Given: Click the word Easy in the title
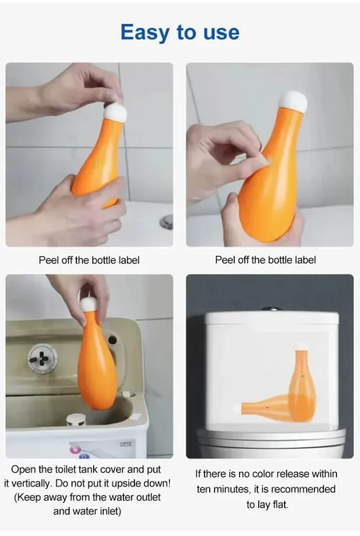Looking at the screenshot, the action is tap(145, 33).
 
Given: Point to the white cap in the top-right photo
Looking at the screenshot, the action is tap(293, 102).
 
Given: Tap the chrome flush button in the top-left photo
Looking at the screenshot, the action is tap(167, 221).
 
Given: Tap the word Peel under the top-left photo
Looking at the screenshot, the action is tap(49, 260).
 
